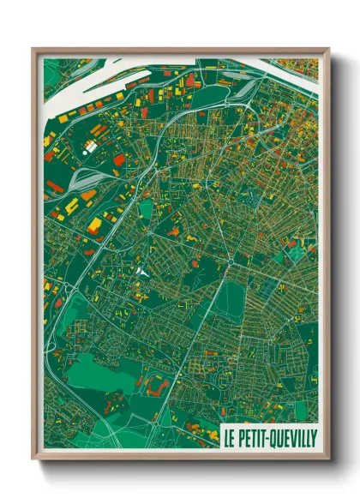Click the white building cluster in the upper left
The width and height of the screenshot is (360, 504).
coord(90,147)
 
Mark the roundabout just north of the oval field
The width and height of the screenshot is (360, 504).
coord(230,264)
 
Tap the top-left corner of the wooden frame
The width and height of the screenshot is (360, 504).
coord(33,50)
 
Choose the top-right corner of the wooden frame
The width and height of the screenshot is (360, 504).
coord(328,50)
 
